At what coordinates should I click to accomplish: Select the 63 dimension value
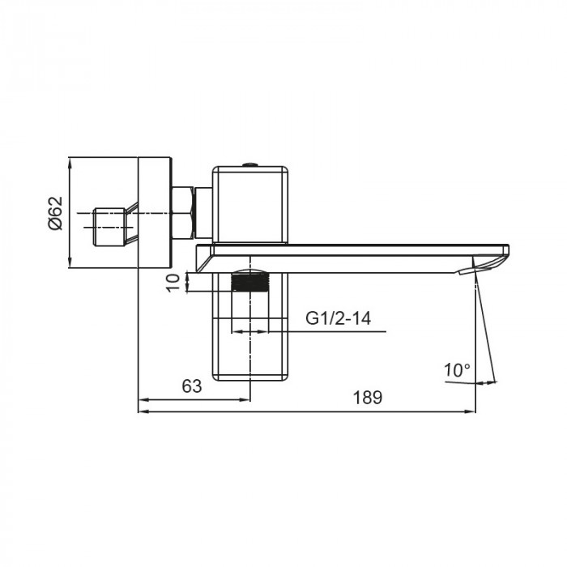click(x=191, y=386)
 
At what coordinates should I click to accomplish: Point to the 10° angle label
click(x=458, y=370)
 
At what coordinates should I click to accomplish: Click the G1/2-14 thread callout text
click(x=339, y=318)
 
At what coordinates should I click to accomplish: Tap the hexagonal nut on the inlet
click(x=183, y=212)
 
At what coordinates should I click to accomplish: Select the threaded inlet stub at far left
click(x=109, y=227)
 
